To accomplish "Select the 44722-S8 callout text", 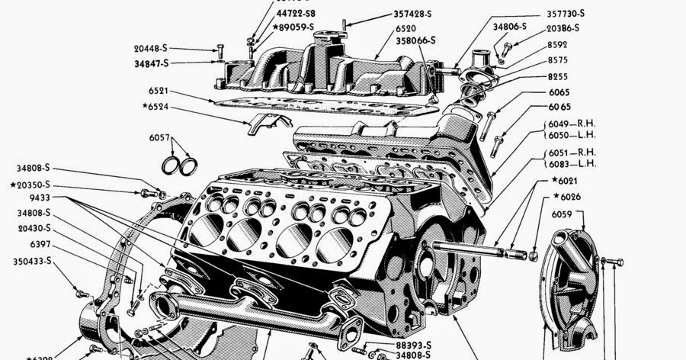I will [297, 13].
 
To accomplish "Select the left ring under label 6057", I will [173, 165].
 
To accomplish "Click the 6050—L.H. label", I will [574, 134].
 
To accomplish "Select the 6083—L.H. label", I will [574, 164].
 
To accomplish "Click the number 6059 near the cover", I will [563, 216].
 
